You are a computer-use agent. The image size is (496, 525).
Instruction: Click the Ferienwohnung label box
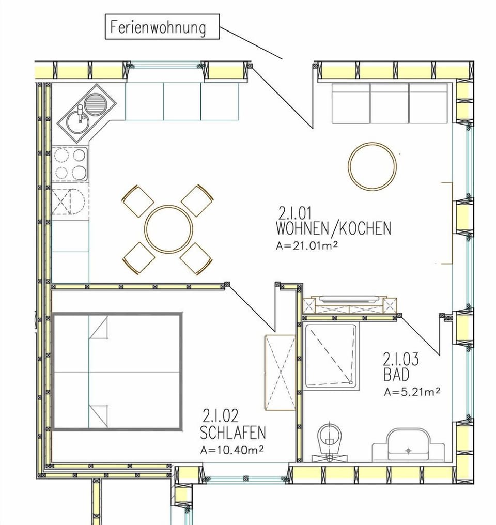pos(163,27)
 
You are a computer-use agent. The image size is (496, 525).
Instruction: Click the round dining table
pos(168,229)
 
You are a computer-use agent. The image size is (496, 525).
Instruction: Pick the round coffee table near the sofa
pos(372,166)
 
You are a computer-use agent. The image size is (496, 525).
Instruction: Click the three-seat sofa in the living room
pos(389,103)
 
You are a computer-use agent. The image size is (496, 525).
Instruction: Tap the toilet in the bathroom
pos(329,439)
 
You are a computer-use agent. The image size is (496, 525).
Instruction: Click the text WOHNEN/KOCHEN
pos(333,228)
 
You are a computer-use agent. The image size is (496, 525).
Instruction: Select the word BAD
pos(396,375)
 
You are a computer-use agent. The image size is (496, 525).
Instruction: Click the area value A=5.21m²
pos(412,392)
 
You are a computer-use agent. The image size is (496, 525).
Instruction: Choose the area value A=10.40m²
pos(232,450)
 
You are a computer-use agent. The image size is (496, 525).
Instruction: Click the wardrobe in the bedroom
pos(280,372)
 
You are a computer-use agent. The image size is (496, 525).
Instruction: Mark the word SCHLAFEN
pos(233,432)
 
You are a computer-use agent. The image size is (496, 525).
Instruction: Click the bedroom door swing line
pos(252,308)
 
